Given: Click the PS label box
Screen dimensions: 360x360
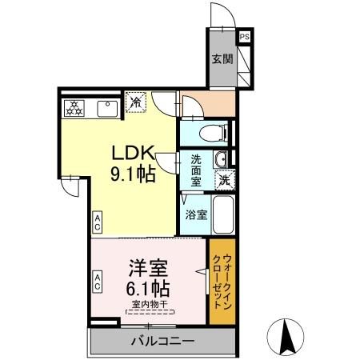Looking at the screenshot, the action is (245, 37).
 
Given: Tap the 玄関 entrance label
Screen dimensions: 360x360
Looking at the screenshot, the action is (222, 59).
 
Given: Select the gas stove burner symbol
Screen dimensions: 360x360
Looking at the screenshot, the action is (74, 108).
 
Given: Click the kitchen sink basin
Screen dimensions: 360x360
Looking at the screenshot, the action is (107, 109).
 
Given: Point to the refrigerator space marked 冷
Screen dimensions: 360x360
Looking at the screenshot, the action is (136, 102).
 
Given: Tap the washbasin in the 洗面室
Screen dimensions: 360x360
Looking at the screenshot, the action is (220, 159).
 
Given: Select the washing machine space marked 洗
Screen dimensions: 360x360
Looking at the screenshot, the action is (225, 180).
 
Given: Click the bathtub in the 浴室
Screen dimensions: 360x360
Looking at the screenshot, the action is (223, 214).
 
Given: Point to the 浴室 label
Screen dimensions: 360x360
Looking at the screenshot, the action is (196, 214).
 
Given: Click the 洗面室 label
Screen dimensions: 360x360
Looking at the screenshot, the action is (196, 170).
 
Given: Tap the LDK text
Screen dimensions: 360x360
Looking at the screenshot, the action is (133, 153).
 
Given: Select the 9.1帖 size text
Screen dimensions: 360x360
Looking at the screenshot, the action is (133, 174).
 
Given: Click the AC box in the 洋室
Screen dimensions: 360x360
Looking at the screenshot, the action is (97, 282).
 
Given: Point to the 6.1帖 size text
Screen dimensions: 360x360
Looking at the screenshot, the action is (148, 289).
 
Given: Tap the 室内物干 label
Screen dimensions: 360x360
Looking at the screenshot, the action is (150, 304).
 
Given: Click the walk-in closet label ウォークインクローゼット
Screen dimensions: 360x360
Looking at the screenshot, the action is (222, 282).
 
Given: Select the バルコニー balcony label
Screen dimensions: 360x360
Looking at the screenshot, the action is (162, 342).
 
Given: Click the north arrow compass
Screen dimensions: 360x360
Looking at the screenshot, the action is (286, 337).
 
